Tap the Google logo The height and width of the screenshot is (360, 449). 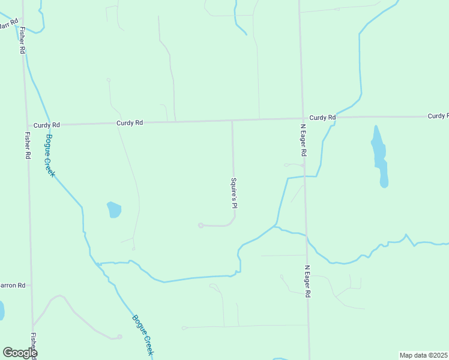tap(20, 353)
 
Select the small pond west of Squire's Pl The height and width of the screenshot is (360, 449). tap(113, 210)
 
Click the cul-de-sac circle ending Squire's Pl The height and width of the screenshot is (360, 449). tap(200, 226)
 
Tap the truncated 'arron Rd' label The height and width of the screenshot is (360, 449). tap(13, 285)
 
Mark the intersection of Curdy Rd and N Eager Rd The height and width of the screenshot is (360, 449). tap(301, 119)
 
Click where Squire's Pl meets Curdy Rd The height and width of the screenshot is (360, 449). tap(232, 121)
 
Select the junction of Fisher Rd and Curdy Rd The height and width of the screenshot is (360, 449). tap(26, 125)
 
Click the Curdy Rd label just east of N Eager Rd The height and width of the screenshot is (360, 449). tap(322, 118)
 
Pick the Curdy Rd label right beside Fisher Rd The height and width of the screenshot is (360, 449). tap(47, 125)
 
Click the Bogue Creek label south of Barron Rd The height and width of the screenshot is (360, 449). tap(143, 335)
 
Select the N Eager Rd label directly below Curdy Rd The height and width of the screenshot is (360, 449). tap(304, 140)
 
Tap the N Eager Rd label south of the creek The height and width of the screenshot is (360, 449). tap(307, 281)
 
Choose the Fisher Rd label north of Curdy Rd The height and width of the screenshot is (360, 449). tap(22, 41)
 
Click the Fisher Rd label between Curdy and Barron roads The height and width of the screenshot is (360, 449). tap(28, 145)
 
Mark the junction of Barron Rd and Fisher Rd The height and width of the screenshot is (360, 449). tap(31, 285)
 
